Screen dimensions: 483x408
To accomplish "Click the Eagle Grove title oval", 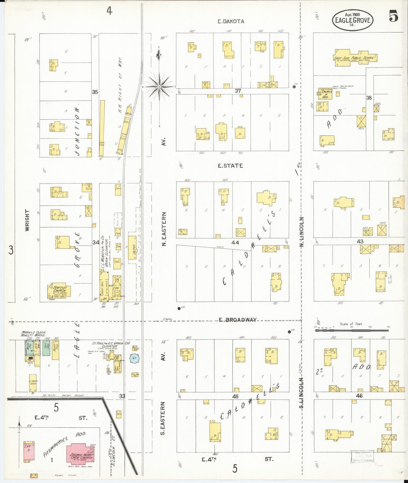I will coord(352,20).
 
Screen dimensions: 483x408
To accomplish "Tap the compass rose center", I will coord(159,87).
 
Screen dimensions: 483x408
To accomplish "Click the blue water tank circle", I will coord(134,358).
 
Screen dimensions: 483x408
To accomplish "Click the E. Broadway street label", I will coord(237,320).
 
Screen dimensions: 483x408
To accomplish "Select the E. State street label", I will coord(230,166).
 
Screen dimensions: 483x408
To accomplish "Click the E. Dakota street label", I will coord(231,21).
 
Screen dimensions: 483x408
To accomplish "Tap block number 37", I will coord(238,91).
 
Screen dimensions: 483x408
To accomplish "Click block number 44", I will coord(235,242).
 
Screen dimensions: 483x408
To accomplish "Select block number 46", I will coord(359,396).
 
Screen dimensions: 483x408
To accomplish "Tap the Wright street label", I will coord(27,220).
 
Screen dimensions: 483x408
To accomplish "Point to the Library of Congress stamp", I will coord(362,456).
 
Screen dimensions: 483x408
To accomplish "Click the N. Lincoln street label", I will coord(302,232).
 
